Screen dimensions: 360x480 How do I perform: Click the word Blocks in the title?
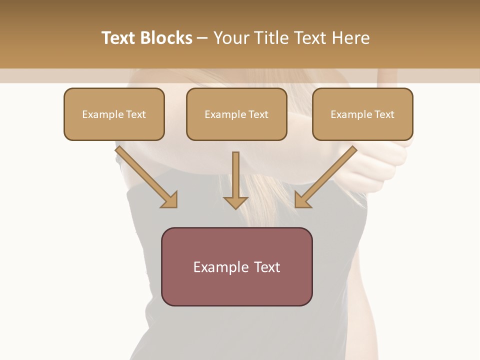166,38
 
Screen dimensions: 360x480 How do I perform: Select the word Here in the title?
350,38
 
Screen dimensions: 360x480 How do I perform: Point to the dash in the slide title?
202,38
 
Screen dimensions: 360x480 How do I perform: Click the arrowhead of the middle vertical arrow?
235,202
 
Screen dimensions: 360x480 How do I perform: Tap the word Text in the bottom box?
267,267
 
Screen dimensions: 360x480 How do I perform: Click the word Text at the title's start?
118,38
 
